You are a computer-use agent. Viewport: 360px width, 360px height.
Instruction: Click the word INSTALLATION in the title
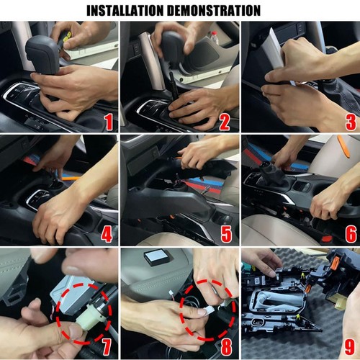125,11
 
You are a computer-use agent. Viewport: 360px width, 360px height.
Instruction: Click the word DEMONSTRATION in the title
214,11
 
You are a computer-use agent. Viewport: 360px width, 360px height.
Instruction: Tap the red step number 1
109,122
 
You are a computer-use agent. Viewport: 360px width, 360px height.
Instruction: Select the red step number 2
225,122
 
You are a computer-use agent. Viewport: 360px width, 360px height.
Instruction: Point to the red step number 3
351,122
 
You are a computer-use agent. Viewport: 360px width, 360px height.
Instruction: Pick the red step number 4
107,234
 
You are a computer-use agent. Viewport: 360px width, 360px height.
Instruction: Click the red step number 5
227,234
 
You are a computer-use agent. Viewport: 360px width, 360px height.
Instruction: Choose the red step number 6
351,234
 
